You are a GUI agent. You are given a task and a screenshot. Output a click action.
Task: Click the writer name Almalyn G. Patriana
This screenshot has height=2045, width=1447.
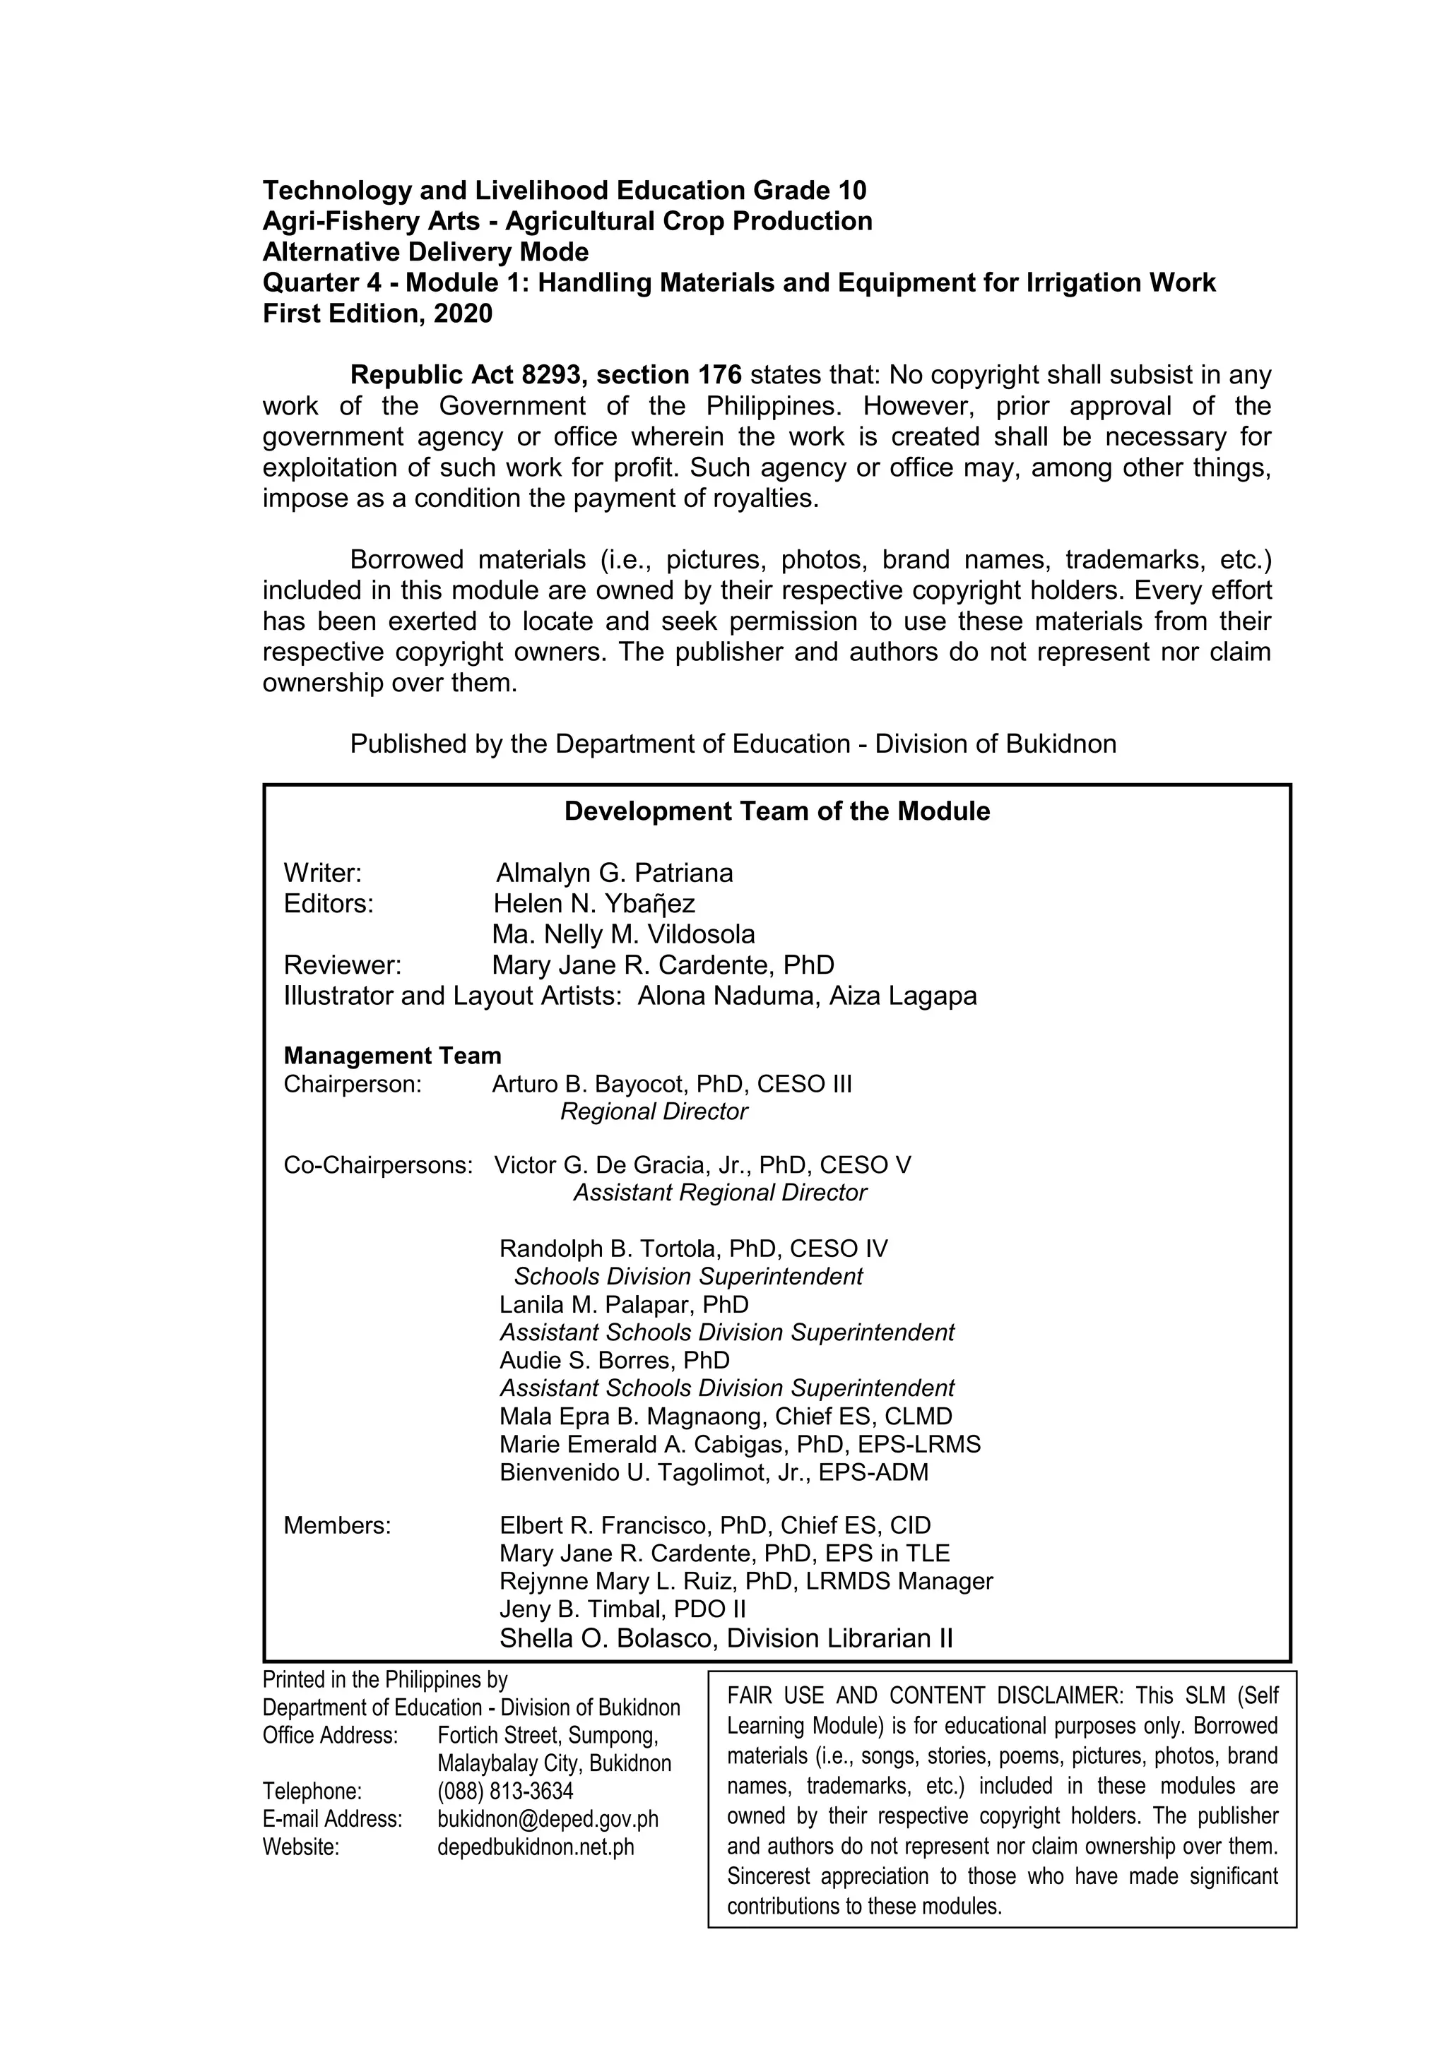[614, 873]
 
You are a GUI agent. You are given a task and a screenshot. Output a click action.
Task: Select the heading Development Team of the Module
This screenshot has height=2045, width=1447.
[777, 811]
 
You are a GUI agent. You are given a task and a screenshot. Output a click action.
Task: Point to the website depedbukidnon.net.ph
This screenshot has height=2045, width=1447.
[536, 1847]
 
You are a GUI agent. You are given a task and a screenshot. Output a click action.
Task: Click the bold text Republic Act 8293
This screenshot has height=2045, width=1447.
[467, 375]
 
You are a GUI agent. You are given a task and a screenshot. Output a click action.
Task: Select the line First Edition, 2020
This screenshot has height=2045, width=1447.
[377, 314]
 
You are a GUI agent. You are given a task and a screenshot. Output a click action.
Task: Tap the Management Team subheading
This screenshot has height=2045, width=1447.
[392, 1056]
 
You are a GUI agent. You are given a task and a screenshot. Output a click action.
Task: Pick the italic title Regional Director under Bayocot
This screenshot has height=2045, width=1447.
[654, 1111]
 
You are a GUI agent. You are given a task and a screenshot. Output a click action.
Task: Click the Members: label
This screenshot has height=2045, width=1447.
[337, 1526]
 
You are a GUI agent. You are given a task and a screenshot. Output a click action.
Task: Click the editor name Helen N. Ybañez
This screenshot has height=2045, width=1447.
[593, 904]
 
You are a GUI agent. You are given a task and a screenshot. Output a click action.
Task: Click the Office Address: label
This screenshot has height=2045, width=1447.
[330, 1735]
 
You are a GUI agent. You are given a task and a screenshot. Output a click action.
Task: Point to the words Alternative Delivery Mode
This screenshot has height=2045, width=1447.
[425, 252]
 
